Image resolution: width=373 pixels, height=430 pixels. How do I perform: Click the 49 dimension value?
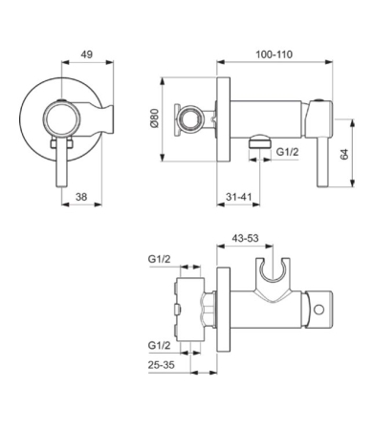pyautogui.click(x=87, y=54)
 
